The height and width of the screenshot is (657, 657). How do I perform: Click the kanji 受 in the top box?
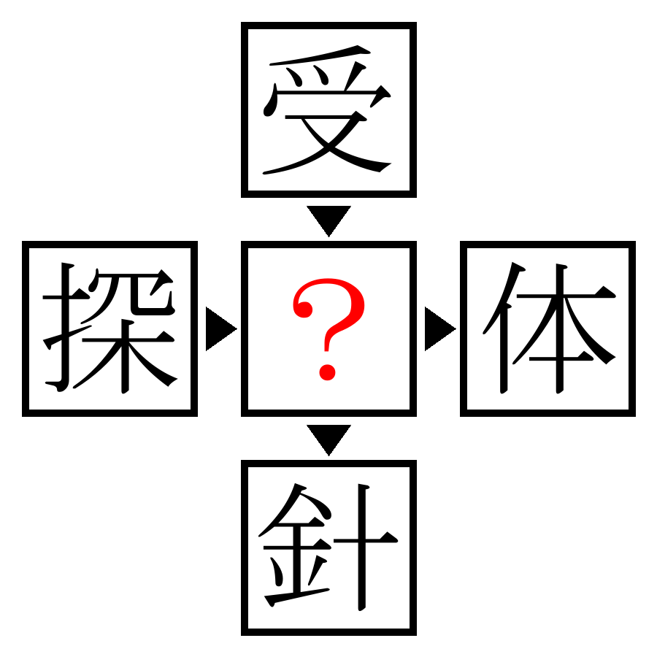(x=328, y=109)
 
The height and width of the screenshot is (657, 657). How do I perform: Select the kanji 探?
(x=109, y=328)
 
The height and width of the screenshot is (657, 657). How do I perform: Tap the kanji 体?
(x=549, y=328)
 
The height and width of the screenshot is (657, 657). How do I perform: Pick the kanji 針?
(x=328, y=547)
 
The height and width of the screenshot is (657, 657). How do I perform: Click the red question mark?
(x=328, y=329)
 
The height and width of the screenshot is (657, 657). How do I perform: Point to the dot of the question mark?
(x=327, y=372)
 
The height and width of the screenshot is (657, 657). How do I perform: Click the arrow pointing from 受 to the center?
(x=328, y=219)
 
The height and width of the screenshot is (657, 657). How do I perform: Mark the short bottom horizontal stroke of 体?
(x=561, y=358)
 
